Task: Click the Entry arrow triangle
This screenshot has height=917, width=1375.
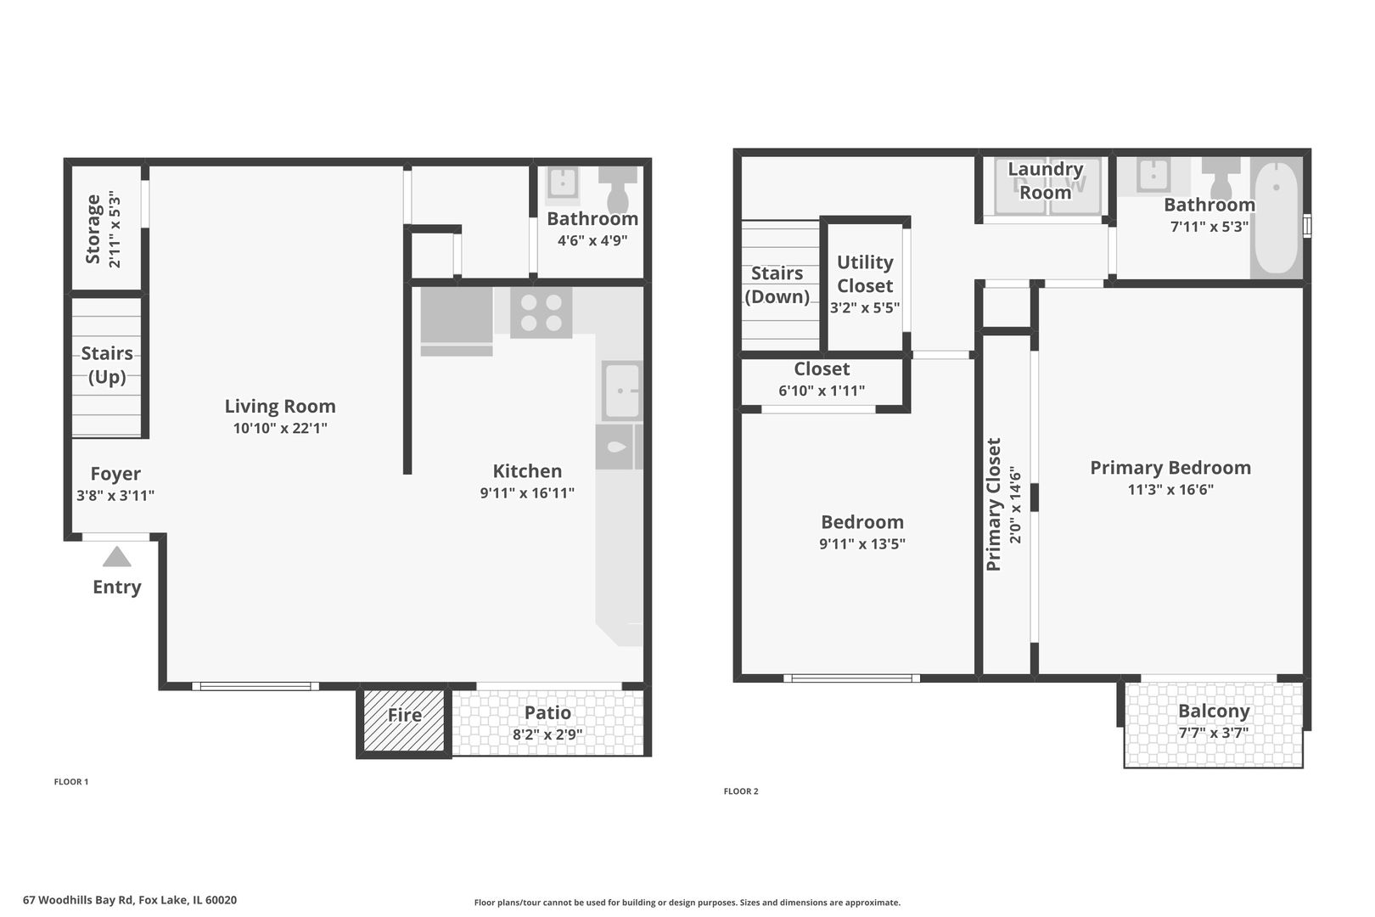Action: [116, 557]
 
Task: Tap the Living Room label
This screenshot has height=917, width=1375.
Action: [280, 406]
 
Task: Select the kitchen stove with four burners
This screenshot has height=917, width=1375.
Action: [542, 313]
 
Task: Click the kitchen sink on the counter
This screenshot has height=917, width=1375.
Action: [621, 391]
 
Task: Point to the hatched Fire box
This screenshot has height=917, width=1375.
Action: [404, 721]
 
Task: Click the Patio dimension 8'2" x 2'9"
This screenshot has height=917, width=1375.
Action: [547, 734]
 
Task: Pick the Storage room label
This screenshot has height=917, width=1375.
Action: [93, 229]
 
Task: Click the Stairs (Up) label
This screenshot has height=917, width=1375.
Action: [107, 365]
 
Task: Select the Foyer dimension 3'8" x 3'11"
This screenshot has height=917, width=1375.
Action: [115, 495]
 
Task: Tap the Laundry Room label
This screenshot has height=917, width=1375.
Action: [1046, 181]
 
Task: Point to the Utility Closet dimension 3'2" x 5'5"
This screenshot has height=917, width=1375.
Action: [865, 307]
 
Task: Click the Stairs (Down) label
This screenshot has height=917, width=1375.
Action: [777, 285]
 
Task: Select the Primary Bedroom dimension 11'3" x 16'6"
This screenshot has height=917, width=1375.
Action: [1170, 490]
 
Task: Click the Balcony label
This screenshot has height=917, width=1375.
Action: [1215, 712]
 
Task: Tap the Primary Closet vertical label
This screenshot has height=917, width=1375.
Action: [994, 504]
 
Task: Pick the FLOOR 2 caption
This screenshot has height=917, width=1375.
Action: [741, 791]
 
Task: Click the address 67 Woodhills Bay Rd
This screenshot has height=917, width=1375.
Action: [78, 900]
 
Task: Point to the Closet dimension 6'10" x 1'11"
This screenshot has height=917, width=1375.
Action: [822, 391]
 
